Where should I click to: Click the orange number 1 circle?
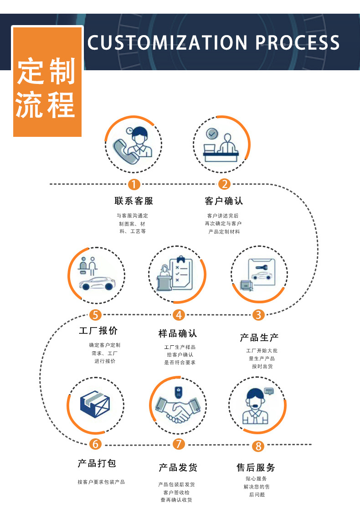pos(134,184)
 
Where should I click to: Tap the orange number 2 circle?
pos(224,184)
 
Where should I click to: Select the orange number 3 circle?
pos(258,315)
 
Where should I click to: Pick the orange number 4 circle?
pos(179,315)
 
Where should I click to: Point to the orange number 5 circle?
pos(95,315)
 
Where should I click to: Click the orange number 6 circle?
pos(95,444)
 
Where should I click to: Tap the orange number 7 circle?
pos(179,444)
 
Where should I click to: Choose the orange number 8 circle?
pos(258,446)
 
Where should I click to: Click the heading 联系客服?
pos(134,201)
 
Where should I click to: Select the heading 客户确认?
pos(224,201)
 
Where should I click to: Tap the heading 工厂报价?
pos(98,331)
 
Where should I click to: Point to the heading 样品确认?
pos(178,333)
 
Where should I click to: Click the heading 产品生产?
pos(259,338)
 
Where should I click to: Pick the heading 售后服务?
pos(256,468)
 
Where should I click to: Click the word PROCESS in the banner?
pos(298,43)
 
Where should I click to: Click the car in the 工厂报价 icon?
pos(97,283)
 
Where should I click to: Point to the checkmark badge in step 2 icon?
pos(211,134)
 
